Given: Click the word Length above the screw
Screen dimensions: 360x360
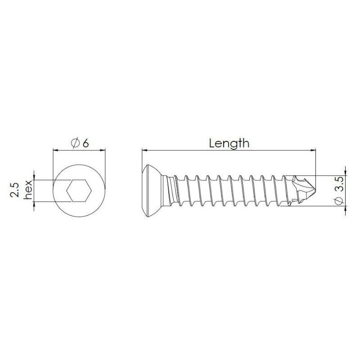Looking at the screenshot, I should tap(229, 143).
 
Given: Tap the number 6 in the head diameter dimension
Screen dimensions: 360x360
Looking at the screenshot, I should tap(85, 143).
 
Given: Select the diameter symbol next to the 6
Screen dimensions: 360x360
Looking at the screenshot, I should tap(75, 143).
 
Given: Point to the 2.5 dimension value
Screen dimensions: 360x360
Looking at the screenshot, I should tap(15, 190).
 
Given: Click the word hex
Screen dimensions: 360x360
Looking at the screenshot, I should tap(28, 190).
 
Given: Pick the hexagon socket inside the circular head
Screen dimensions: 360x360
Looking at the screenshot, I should tap(79, 192).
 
